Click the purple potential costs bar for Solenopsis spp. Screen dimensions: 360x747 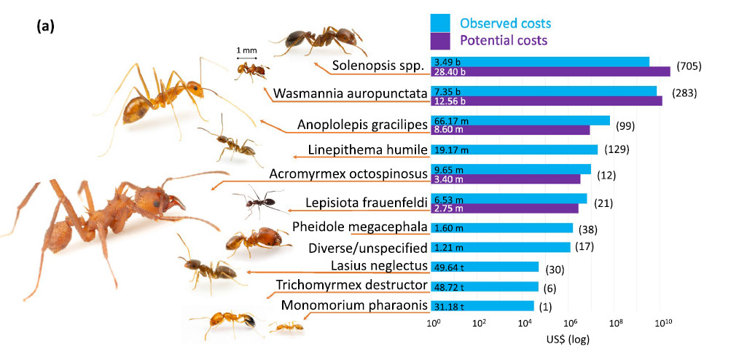tap(550, 71)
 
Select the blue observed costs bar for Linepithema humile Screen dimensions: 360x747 tap(515, 149)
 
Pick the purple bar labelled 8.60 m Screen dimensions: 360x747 tap(510, 130)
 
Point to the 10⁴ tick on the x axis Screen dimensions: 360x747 tap(525, 324)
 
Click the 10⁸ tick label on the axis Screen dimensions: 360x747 tap(616, 324)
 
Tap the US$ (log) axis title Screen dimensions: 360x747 tap(568, 339)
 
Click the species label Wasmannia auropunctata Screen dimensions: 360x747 tap(349, 94)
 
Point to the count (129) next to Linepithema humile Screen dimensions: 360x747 tap(617, 149)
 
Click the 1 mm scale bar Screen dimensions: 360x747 tap(246, 57)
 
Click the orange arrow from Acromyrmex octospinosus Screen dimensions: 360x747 tap(240, 182)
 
